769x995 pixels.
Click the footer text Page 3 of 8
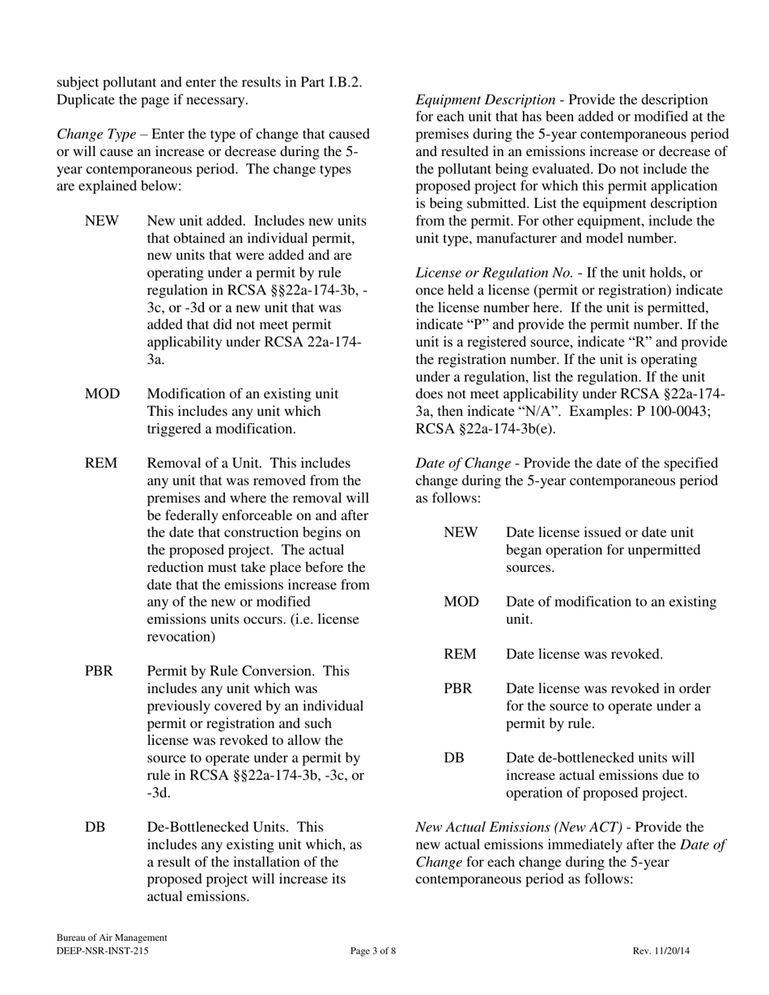coord(373,951)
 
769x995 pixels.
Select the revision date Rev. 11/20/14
coord(661,951)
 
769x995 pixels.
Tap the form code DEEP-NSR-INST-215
coord(102,951)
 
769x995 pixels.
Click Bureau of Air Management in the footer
coord(112,938)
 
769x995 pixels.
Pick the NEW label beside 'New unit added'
coord(101,221)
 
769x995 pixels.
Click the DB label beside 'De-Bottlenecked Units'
coord(95,828)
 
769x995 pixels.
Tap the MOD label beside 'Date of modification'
coord(461,602)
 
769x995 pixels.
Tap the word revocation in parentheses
coord(180,637)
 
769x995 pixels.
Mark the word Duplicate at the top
coord(86,99)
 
